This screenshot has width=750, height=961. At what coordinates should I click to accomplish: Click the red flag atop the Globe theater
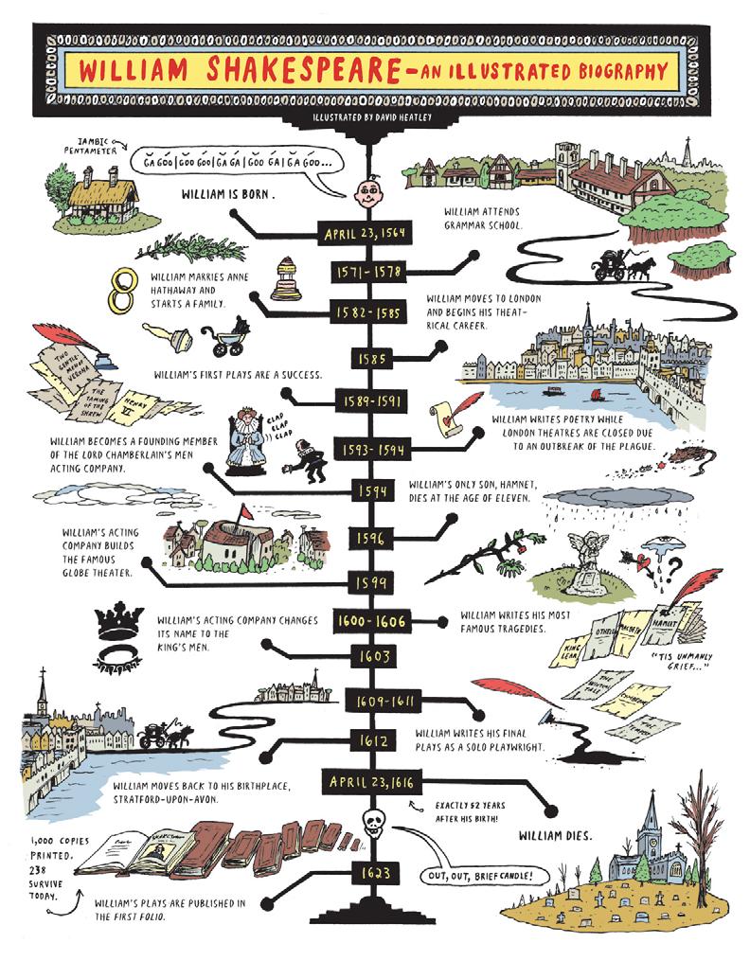(245, 512)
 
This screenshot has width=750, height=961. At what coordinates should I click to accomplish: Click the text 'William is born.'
(227, 197)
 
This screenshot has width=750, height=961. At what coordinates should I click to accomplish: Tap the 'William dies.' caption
(556, 836)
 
